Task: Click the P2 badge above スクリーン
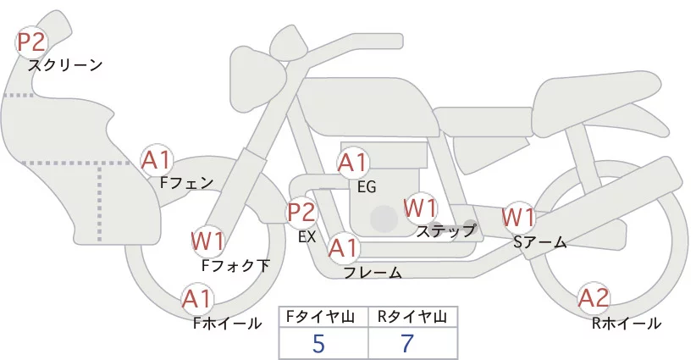coord(32,42)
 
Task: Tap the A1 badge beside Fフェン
coord(156,159)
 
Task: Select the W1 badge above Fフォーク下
coord(207,241)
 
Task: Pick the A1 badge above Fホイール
coord(197,298)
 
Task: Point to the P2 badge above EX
coord(301,212)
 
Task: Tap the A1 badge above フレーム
coord(343,248)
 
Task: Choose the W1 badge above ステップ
coord(420,207)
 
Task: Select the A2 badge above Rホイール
coord(594,297)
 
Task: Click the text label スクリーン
coord(65,64)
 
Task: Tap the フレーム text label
coord(373,272)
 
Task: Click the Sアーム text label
coord(539,242)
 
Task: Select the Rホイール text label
coord(627,323)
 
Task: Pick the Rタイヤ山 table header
coord(412,317)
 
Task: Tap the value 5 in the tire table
coord(318,343)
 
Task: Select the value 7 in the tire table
coord(408,343)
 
